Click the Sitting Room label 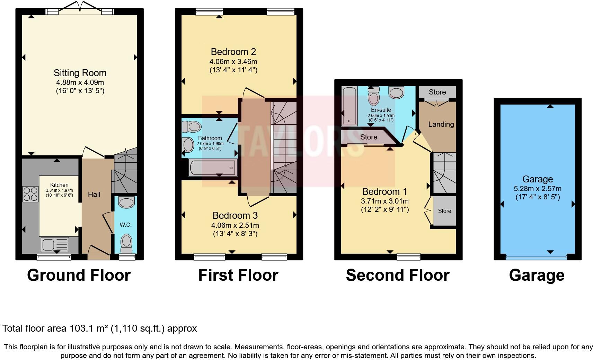(80, 73)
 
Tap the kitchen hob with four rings (30, 194)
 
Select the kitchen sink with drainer (55, 244)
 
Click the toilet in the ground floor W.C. (126, 243)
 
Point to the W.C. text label (125, 225)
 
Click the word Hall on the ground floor (94, 195)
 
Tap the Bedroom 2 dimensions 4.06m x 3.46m (233, 62)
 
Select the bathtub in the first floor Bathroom (213, 168)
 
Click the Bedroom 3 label (235, 216)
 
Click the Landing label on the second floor (441, 124)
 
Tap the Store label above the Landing (437, 92)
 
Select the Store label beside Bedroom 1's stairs (444, 211)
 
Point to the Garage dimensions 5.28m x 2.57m (538, 189)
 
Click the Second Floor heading (397, 275)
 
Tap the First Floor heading (238, 275)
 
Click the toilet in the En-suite (373, 96)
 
